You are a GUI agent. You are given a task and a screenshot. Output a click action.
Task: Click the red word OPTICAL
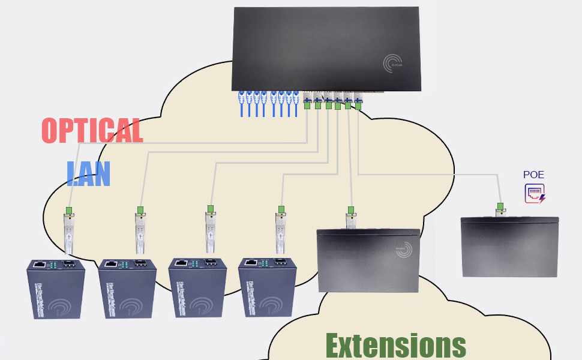92,130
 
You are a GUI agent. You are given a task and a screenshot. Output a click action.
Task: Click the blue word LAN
88,174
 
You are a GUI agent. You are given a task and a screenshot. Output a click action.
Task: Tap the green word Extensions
395,345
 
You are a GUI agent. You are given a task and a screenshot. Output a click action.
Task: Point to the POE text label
533,175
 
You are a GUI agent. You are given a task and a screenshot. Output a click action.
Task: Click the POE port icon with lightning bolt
535,194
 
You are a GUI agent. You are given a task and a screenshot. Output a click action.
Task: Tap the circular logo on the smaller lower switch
404,251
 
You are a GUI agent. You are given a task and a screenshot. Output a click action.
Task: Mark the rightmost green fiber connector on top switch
358,106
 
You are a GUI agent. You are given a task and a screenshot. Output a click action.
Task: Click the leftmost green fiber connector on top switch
307,106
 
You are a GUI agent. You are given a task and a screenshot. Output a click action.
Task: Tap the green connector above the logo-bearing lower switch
350,210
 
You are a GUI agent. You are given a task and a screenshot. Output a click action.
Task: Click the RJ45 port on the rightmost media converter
250,262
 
